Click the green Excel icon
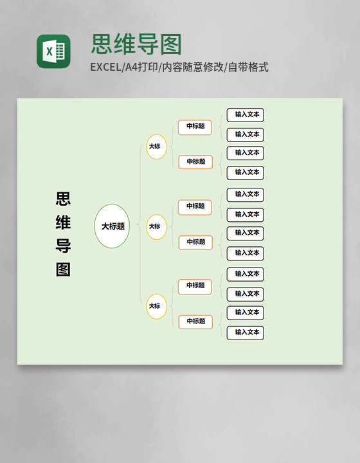pyautogui.click(x=53, y=51)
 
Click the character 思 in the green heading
pyautogui.click(x=102, y=44)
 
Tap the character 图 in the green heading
pyautogui.click(x=171, y=44)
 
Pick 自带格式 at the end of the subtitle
pyautogui.click(x=248, y=68)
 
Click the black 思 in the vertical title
pyautogui.click(x=63, y=199)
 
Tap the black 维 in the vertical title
pyautogui.click(x=63, y=222)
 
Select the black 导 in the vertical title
pyautogui.click(x=63, y=246)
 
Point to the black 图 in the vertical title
pyautogui.click(x=63, y=269)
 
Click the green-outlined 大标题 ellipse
pyautogui.click(x=112, y=226)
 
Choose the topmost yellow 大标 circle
pyautogui.click(x=157, y=147)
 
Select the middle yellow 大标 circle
pyautogui.click(x=157, y=227)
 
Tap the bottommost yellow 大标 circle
pyautogui.click(x=157, y=307)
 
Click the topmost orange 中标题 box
pyautogui.click(x=195, y=127)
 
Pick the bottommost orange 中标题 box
pyautogui.click(x=195, y=322)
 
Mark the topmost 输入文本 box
pyautogui.click(x=245, y=115)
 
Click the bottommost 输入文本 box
pyautogui.click(x=245, y=333)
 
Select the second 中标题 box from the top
pyautogui.click(x=195, y=162)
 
